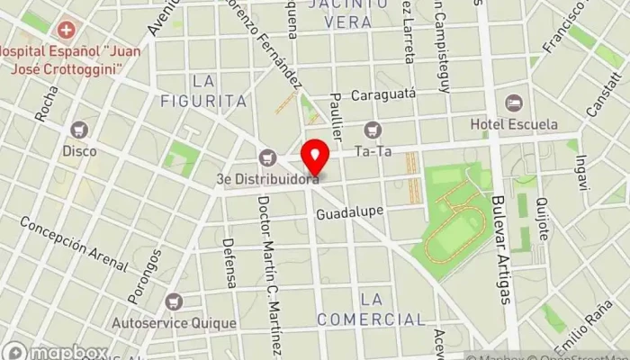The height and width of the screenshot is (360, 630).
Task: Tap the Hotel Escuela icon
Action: pos(514,104)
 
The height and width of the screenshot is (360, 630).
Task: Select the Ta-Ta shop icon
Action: pos(372,131)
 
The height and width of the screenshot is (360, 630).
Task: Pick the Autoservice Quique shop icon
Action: pos(173,301)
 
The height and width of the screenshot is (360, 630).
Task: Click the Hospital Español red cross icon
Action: pos(64,30)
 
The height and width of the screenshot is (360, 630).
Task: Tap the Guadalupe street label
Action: pos(349,212)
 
